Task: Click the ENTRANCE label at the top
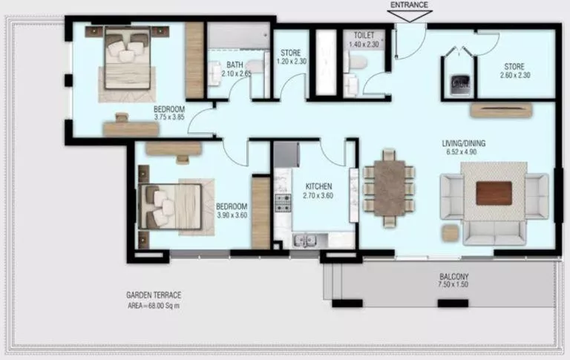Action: tap(409, 5)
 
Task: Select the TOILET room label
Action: tap(364, 35)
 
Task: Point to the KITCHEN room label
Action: tap(318, 186)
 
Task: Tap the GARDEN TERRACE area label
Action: tap(154, 295)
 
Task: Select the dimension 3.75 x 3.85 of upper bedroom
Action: tap(168, 117)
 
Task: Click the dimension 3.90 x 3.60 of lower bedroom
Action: tap(231, 215)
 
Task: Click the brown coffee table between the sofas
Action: tap(494, 192)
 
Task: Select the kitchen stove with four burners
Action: tap(284, 202)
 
